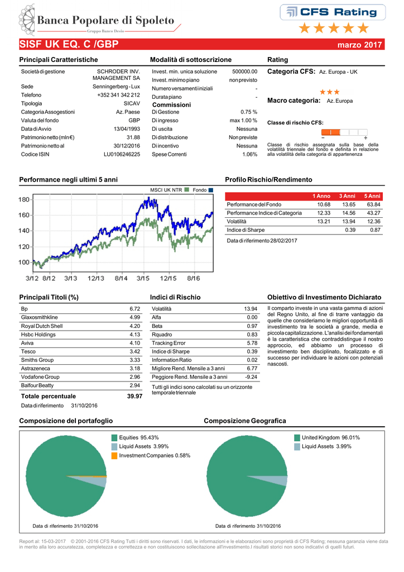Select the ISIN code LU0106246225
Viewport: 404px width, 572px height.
(x=122, y=154)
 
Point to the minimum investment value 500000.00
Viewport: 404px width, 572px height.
(x=244, y=71)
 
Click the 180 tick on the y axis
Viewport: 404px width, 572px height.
(x=24, y=199)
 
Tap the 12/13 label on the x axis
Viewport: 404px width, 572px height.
(x=97, y=277)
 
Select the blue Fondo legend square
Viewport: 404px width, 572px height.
(x=211, y=190)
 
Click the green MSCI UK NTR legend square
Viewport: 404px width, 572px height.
(x=187, y=190)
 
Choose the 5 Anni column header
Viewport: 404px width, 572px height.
(x=372, y=196)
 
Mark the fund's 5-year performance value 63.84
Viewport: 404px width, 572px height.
(x=373, y=204)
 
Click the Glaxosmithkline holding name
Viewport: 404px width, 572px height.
(x=40, y=317)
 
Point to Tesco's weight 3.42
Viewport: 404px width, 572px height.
(x=134, y=352)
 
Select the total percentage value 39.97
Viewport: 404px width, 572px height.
(x=134, y=396)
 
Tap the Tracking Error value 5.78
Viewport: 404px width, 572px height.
(x=251, y=343)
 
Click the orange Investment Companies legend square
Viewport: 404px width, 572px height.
(x=114, y=456)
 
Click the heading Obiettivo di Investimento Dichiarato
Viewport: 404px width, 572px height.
(x=325, y=297)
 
